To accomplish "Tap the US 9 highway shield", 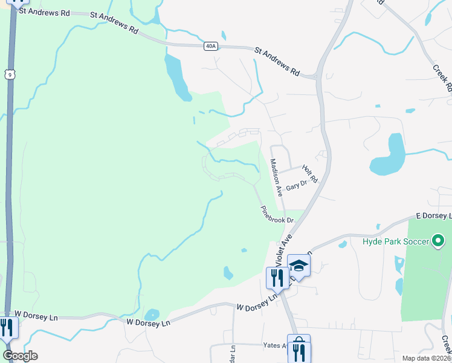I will coord(8,74).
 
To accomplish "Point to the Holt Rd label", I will coord(309,175).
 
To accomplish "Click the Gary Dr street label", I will coord(296,186).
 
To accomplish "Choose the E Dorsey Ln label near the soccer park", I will coord(434,216).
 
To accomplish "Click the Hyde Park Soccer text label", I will coord(396,241).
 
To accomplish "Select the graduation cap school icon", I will coord(299,265).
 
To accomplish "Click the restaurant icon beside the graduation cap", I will coord(277,277).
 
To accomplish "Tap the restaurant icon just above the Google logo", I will coord(7,327).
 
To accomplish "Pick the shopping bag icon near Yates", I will coord(299,349).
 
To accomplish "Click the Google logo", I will coord(20,355).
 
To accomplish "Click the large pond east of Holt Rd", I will coord(389,155).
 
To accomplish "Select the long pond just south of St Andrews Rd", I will coord(176,77).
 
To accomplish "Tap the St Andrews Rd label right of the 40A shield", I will coord(277,62).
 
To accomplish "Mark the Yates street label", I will coord(275,345).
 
